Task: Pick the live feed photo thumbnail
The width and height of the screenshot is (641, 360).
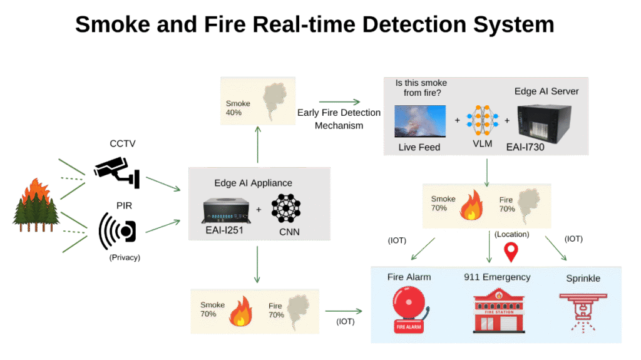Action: (x=420, y=121)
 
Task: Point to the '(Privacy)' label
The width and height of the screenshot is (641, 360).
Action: (x=125, y=257)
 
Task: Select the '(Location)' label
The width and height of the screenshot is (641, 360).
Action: (x=511, y=235)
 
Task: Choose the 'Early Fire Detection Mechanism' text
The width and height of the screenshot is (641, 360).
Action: (x=339, y=118)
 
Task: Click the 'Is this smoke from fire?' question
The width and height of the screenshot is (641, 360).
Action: (x=421, y=88)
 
